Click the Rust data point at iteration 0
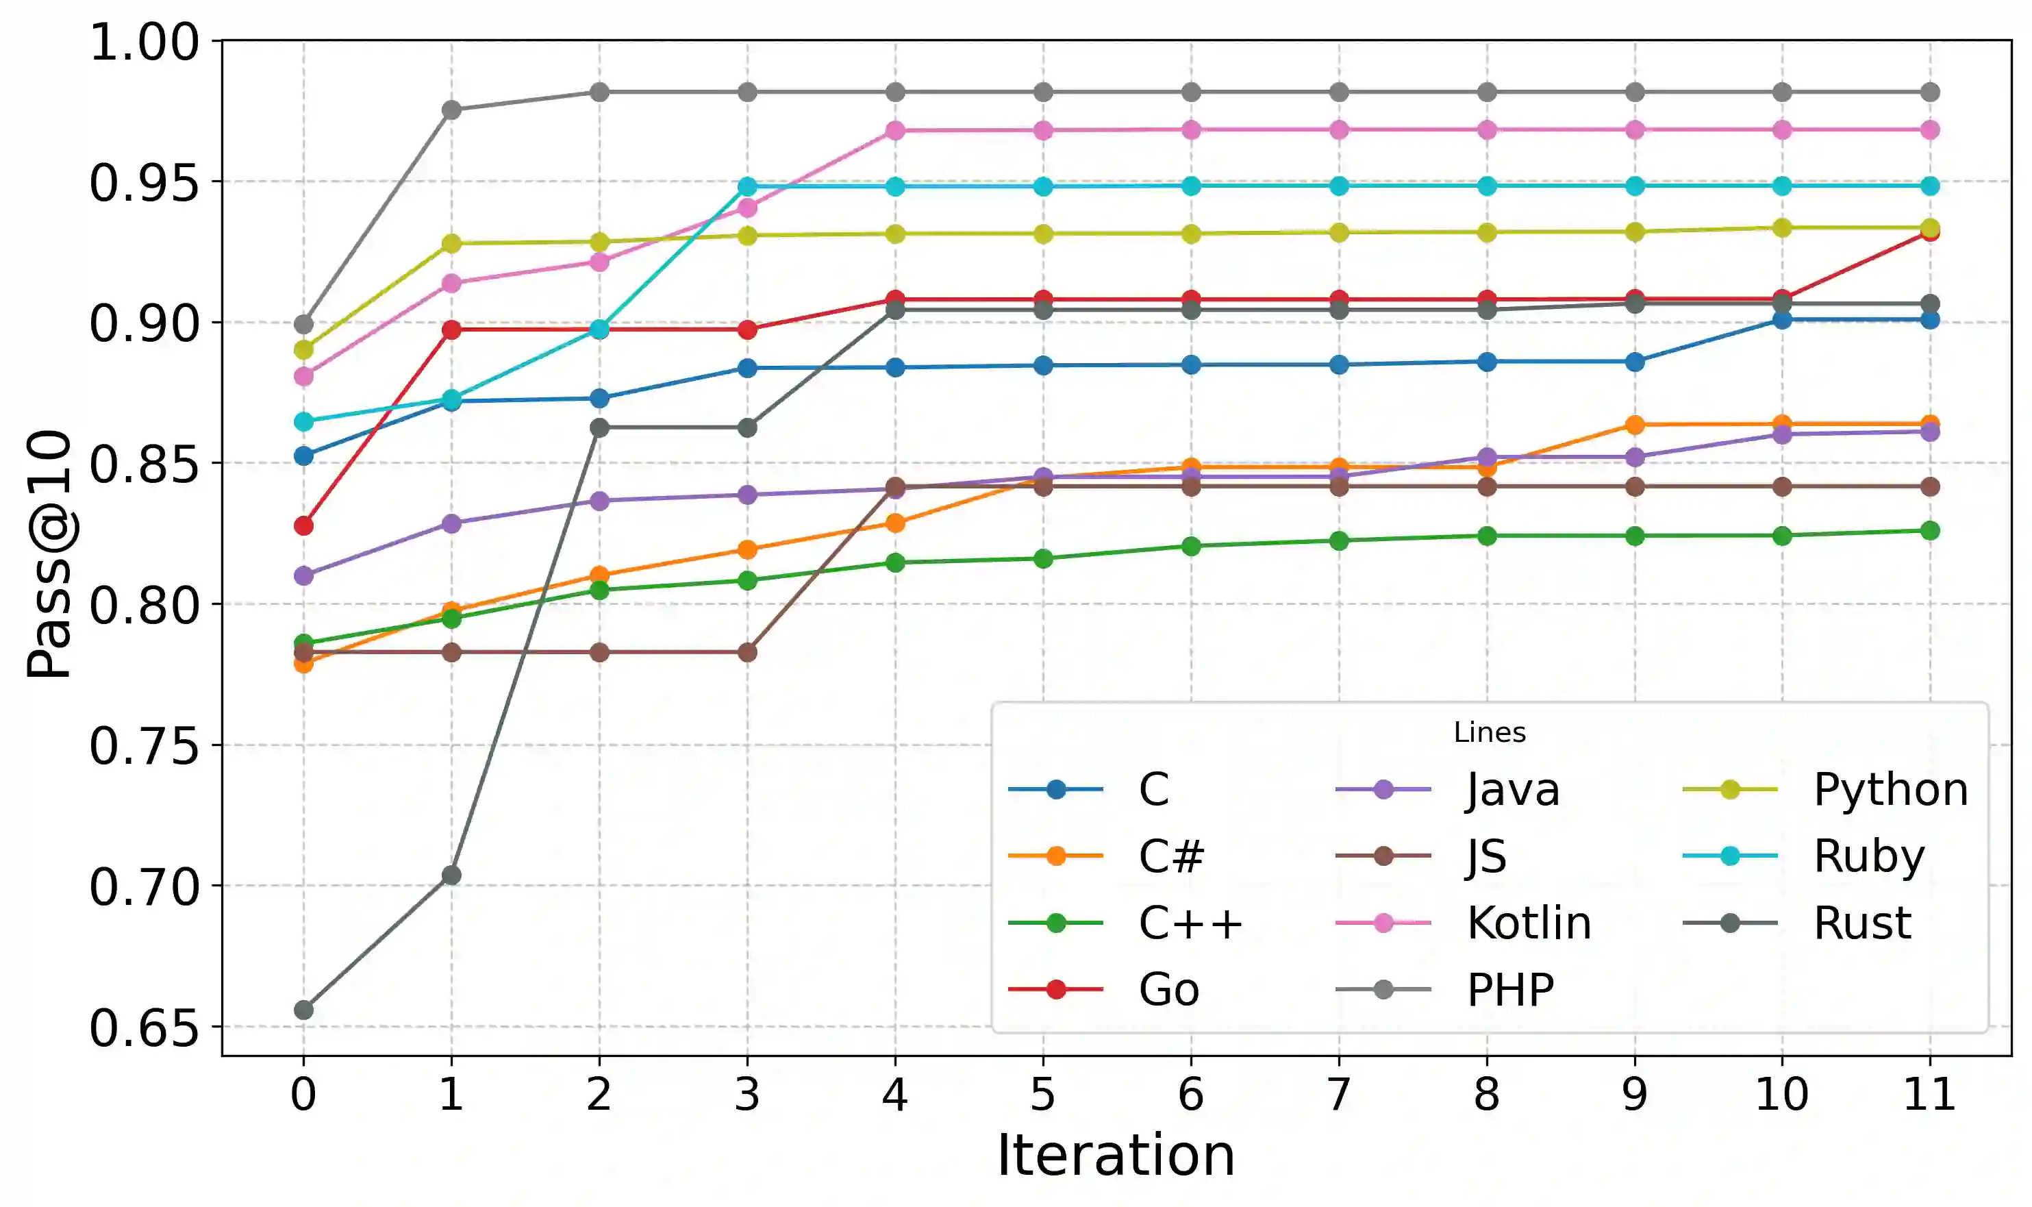[303, 1010]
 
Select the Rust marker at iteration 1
[451, 875]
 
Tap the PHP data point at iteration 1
[451, 110]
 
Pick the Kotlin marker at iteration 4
[895, 130]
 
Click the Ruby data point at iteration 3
[747, 186]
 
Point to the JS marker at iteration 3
[747, 652]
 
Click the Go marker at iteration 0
[303, 525]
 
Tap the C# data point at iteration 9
[1634, 425]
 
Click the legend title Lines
[1489, 733]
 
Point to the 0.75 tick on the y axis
[144, 746]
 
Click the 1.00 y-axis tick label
[144, 42]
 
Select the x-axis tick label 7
[1338, 1095]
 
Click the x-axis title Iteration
[1116, 1155]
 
